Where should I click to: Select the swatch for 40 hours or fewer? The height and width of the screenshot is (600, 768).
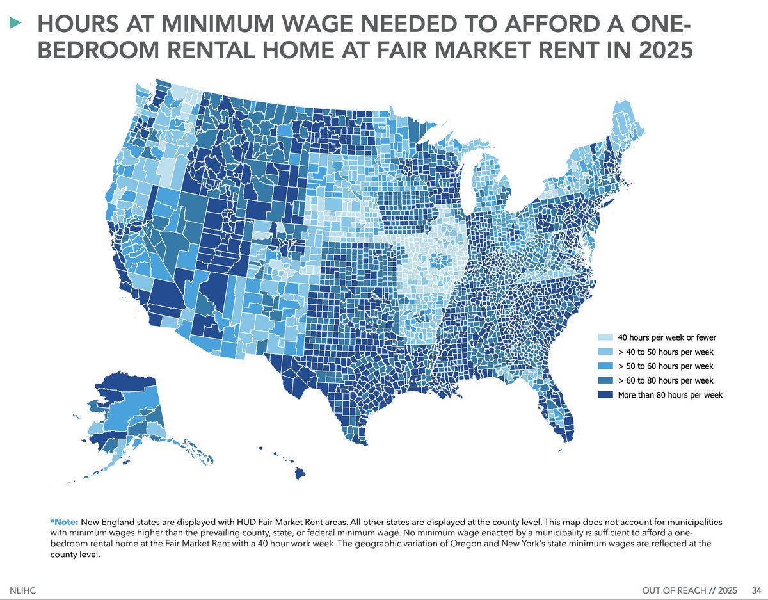point(604,337)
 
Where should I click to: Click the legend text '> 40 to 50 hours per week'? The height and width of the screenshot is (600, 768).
point(665,352)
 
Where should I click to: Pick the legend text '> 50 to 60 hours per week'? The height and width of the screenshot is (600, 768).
point(665,366)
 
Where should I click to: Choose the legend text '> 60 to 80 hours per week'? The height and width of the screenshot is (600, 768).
point(665,381)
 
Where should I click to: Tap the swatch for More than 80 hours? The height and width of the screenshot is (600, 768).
point(604,395)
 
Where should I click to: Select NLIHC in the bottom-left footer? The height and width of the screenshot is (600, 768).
point(23,590)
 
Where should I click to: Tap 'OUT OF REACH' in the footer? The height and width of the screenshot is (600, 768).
point(668,590)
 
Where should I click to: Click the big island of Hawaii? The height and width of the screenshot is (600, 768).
point(300,473)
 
